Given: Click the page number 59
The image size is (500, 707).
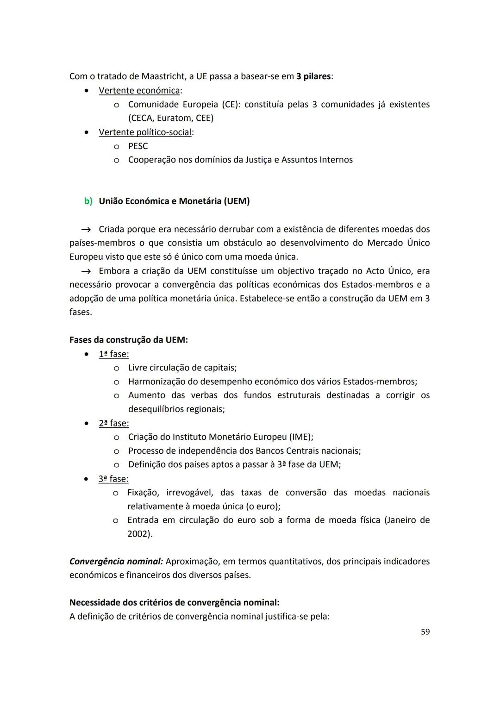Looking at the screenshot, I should click(425, 632).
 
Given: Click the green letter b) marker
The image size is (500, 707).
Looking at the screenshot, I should click(88, 201).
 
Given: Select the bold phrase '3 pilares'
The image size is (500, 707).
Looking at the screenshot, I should click(313, 76).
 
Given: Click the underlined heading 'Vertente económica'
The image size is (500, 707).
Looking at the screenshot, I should click(139, 91).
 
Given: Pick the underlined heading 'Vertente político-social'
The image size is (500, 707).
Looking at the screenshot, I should click(145, 132).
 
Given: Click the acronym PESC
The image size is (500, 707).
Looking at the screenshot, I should click(138, 146).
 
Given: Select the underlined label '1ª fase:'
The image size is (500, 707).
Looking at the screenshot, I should click(113, 354).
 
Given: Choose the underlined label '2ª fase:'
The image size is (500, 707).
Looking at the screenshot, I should click(113, 424).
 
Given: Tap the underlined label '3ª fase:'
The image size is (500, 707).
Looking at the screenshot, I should click(113, 479).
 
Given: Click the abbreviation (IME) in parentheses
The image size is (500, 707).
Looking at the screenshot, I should click(301, 437).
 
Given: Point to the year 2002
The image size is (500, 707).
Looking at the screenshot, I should click(139, 534).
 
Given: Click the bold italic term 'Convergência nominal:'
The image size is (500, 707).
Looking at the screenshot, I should click(116, 562).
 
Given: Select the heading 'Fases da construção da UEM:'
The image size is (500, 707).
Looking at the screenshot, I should click(128, 340).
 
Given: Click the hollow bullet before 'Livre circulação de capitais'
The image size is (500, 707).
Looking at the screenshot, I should click(117, 368).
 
